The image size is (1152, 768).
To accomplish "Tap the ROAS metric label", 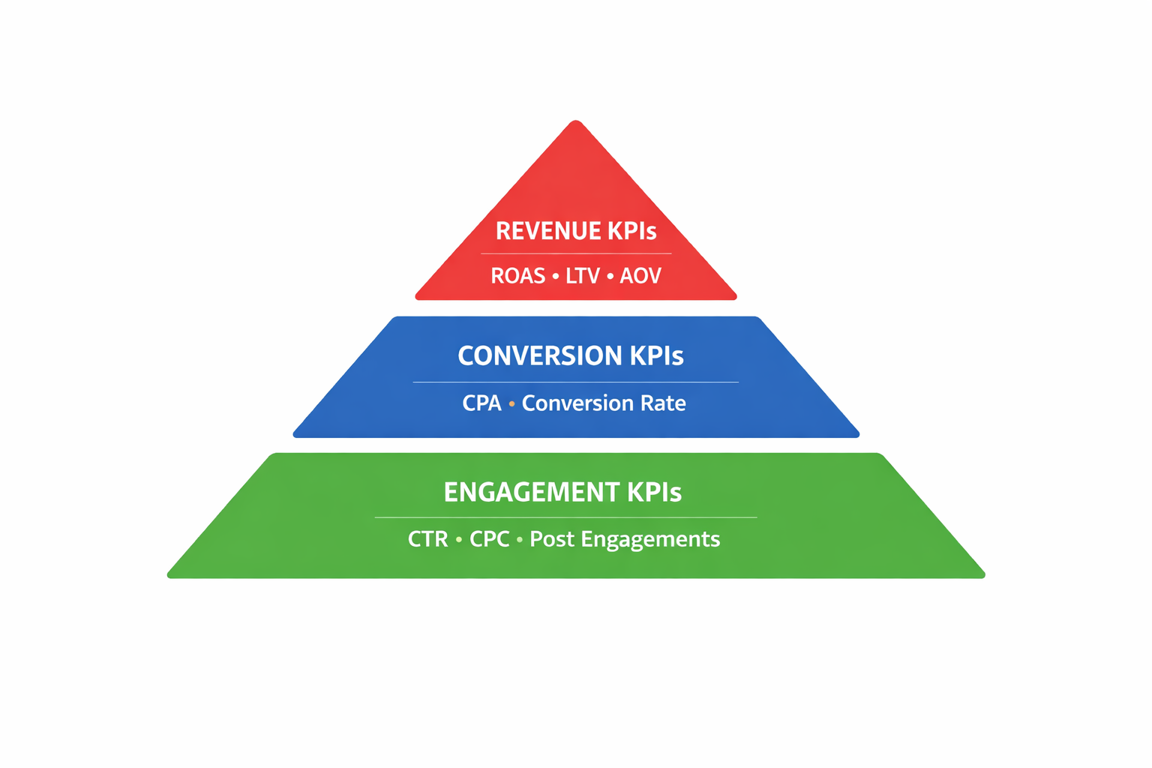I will pos(517,276).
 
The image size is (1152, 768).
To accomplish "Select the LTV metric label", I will pos(583,276).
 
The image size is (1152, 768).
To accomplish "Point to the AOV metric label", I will pos(640,276).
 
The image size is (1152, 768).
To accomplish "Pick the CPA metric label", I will pos(481,403).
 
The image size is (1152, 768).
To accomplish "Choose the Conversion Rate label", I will pos(604,403).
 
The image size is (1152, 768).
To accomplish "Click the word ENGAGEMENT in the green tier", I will pos(531,492).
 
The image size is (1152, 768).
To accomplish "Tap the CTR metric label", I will pos(427,539).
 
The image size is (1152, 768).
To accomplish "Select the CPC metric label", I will pos(489,539).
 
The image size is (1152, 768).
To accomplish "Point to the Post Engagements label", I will pos(625,539).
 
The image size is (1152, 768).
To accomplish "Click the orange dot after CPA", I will pos(511,404).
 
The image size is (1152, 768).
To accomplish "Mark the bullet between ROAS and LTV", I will pos(555,277).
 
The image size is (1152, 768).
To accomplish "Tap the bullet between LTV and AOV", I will pos(610,277).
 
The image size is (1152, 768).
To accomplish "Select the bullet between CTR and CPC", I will pos(458,540).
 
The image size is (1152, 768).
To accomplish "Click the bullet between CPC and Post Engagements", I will pos(519,540).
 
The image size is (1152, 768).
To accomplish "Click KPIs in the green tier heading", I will pos(654,492).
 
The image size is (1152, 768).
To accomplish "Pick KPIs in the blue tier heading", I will pos(656,355).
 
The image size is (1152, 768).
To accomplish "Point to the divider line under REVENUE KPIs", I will pos(576,254).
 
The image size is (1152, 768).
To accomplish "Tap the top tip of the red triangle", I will pos(576,122).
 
